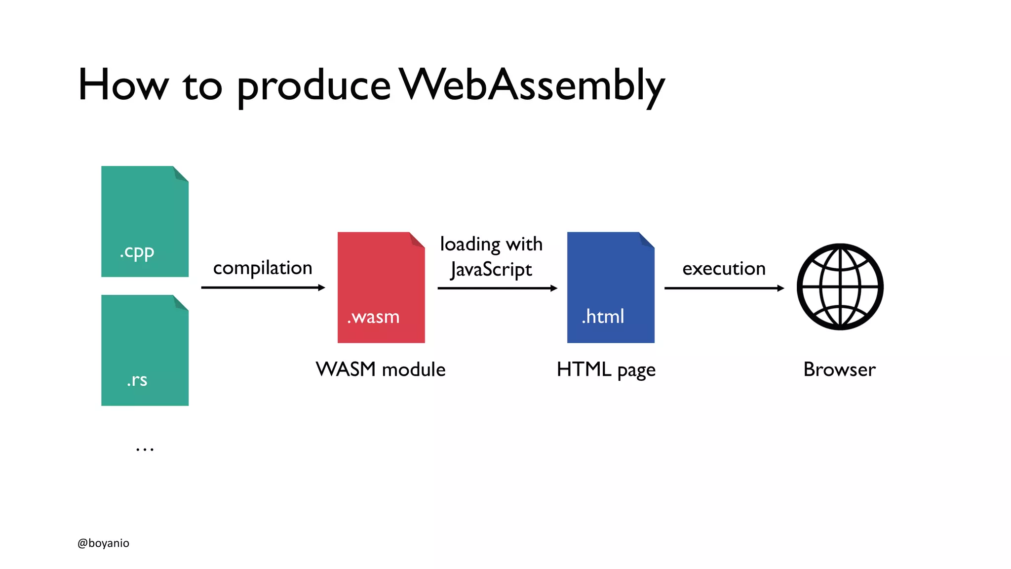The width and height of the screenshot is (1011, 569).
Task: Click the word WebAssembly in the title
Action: tap(532, 85)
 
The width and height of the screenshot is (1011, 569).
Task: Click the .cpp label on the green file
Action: tap(137, 252)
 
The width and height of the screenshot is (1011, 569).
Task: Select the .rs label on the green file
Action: tap(137, 379)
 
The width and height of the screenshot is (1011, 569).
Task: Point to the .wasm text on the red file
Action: tap(373, 317)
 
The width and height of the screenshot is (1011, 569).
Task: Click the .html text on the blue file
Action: tap(603, 316)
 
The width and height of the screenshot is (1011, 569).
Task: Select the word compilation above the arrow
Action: tap(263, 268)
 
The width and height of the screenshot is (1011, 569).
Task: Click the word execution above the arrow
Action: tap(724, 269)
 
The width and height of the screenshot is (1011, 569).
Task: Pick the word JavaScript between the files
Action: tap(491, 270)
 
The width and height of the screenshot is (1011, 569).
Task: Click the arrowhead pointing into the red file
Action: tap(321, 287)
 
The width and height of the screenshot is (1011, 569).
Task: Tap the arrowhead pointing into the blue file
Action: tap(554, 288)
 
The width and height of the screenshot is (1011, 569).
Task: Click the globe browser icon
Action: tap(840, 286)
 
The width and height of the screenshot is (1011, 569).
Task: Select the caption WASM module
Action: tap(381, 369)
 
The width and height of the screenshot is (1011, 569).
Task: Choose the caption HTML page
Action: tap(606, 370)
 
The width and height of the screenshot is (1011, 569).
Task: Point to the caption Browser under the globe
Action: tap(839, 369)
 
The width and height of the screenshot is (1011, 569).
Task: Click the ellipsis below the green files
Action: tap(145, 449)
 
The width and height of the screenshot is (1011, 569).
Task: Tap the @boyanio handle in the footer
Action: tap(103, 543)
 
